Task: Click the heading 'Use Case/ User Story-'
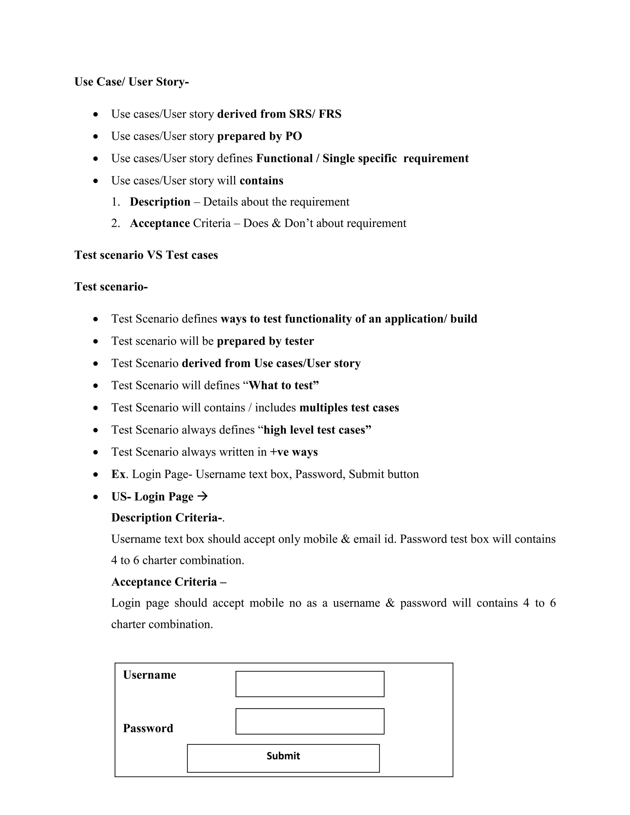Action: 131,82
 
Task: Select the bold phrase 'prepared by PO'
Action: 259,136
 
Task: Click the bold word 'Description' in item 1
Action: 160,202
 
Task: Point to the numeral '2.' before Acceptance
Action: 115,223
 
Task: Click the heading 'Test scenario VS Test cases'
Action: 146,255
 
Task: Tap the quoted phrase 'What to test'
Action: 284,385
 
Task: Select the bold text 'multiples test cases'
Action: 349,407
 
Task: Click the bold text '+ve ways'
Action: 294,452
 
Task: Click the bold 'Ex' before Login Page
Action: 118,474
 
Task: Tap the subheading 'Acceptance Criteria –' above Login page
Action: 169,582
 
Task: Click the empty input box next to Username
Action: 310,684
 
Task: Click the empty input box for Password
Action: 310,721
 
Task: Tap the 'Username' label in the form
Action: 149,675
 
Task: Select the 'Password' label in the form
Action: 148,728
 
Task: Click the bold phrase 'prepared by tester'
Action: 265,341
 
